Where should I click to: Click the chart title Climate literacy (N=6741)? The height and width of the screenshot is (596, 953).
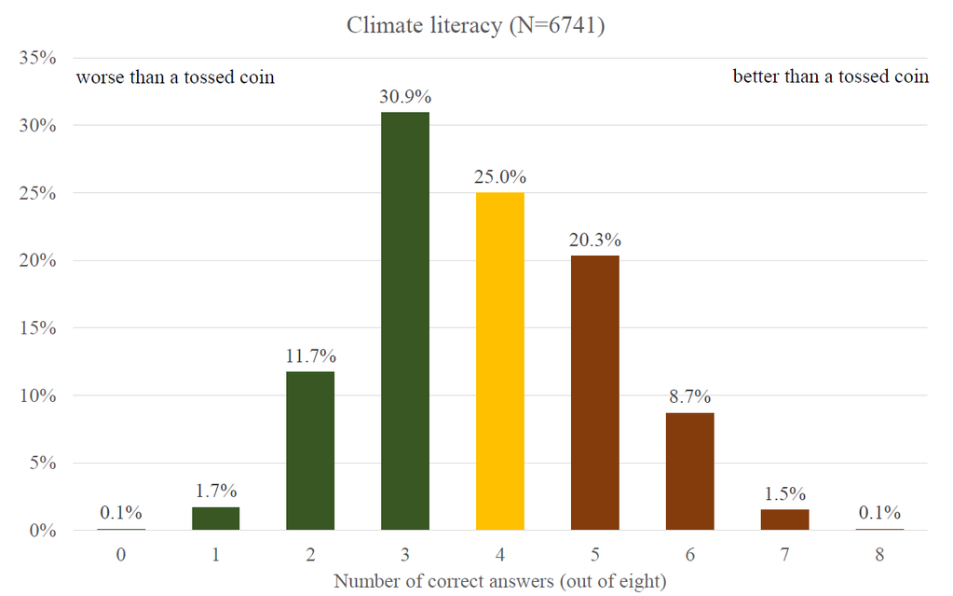tap(476, 25)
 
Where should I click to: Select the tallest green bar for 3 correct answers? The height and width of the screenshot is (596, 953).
tap(405, 322)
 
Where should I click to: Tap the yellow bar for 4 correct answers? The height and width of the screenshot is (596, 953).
tap(500, 362)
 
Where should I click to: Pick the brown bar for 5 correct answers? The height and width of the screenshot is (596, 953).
tap(595, 393)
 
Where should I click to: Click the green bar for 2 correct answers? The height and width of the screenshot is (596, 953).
tap(310, 451)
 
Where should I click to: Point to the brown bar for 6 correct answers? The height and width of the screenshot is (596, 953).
tap(690, 471)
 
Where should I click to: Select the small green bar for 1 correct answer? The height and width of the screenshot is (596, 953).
tap(215, 519)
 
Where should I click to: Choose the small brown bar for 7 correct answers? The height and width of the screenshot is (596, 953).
tap(785, 520)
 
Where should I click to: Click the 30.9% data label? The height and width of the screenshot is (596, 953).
tap(405, 96)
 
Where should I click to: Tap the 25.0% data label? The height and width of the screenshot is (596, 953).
tap(500, 176)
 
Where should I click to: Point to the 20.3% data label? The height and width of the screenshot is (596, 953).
tap(595, 239)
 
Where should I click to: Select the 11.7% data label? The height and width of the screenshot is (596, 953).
tap(310, 356)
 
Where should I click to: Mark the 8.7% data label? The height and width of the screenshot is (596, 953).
tap(690, 396)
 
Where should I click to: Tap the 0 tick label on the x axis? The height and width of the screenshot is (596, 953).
tap(121, 555)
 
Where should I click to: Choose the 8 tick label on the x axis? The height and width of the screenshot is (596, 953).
tap(880, 555)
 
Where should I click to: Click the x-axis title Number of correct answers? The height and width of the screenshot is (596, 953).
tap(500, 582)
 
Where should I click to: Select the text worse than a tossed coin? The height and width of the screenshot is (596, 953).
tap(175, 77)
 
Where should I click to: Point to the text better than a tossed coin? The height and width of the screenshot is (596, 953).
tap(830, 77)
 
